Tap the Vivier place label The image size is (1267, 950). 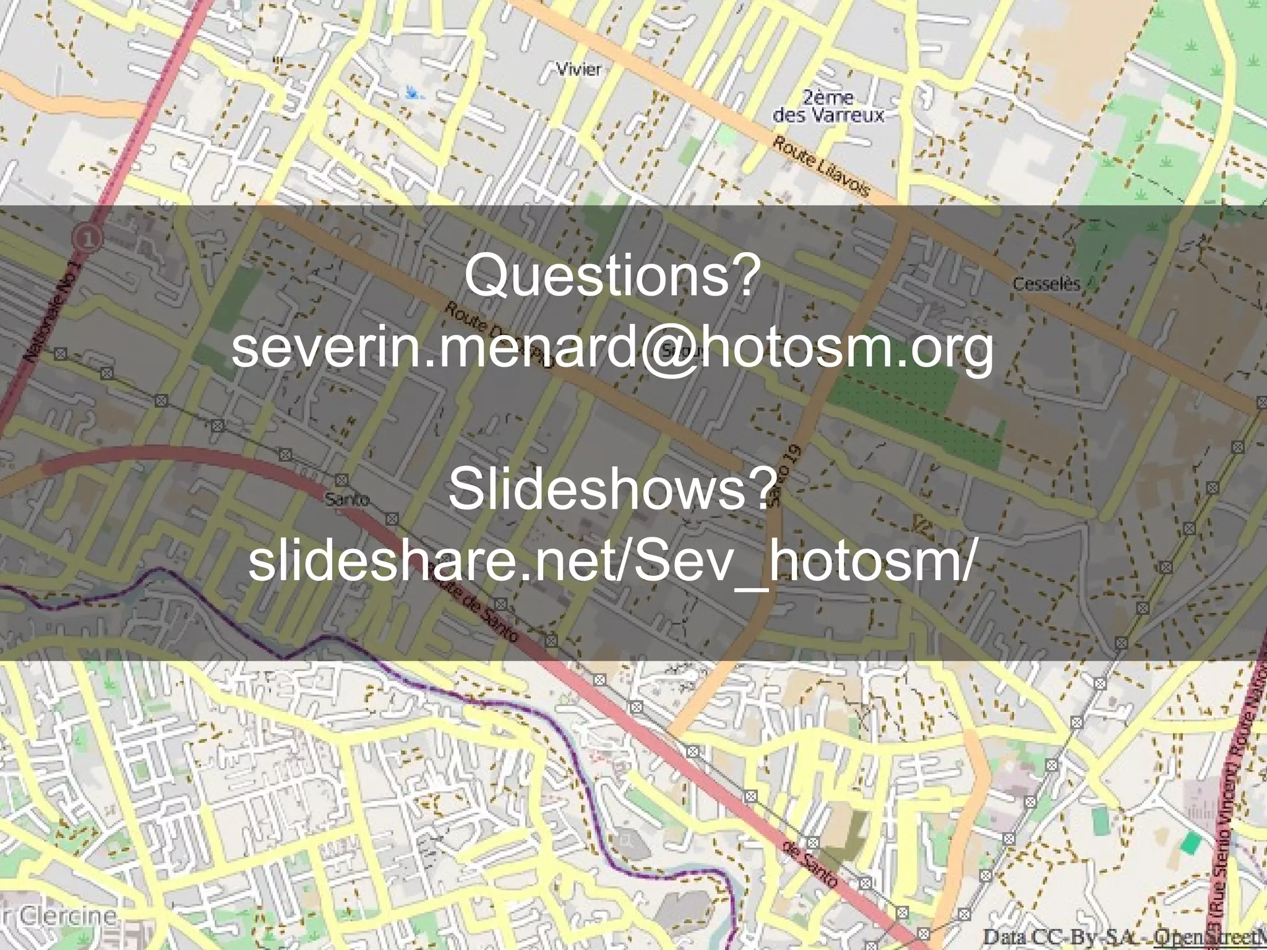578,69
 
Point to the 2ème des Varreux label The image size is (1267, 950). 828,106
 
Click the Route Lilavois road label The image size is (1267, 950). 821,166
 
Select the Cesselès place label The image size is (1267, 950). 1046,285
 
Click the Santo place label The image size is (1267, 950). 347,499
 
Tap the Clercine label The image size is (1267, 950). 62,916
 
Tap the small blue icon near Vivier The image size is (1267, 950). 413,94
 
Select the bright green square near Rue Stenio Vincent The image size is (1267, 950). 1191,841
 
